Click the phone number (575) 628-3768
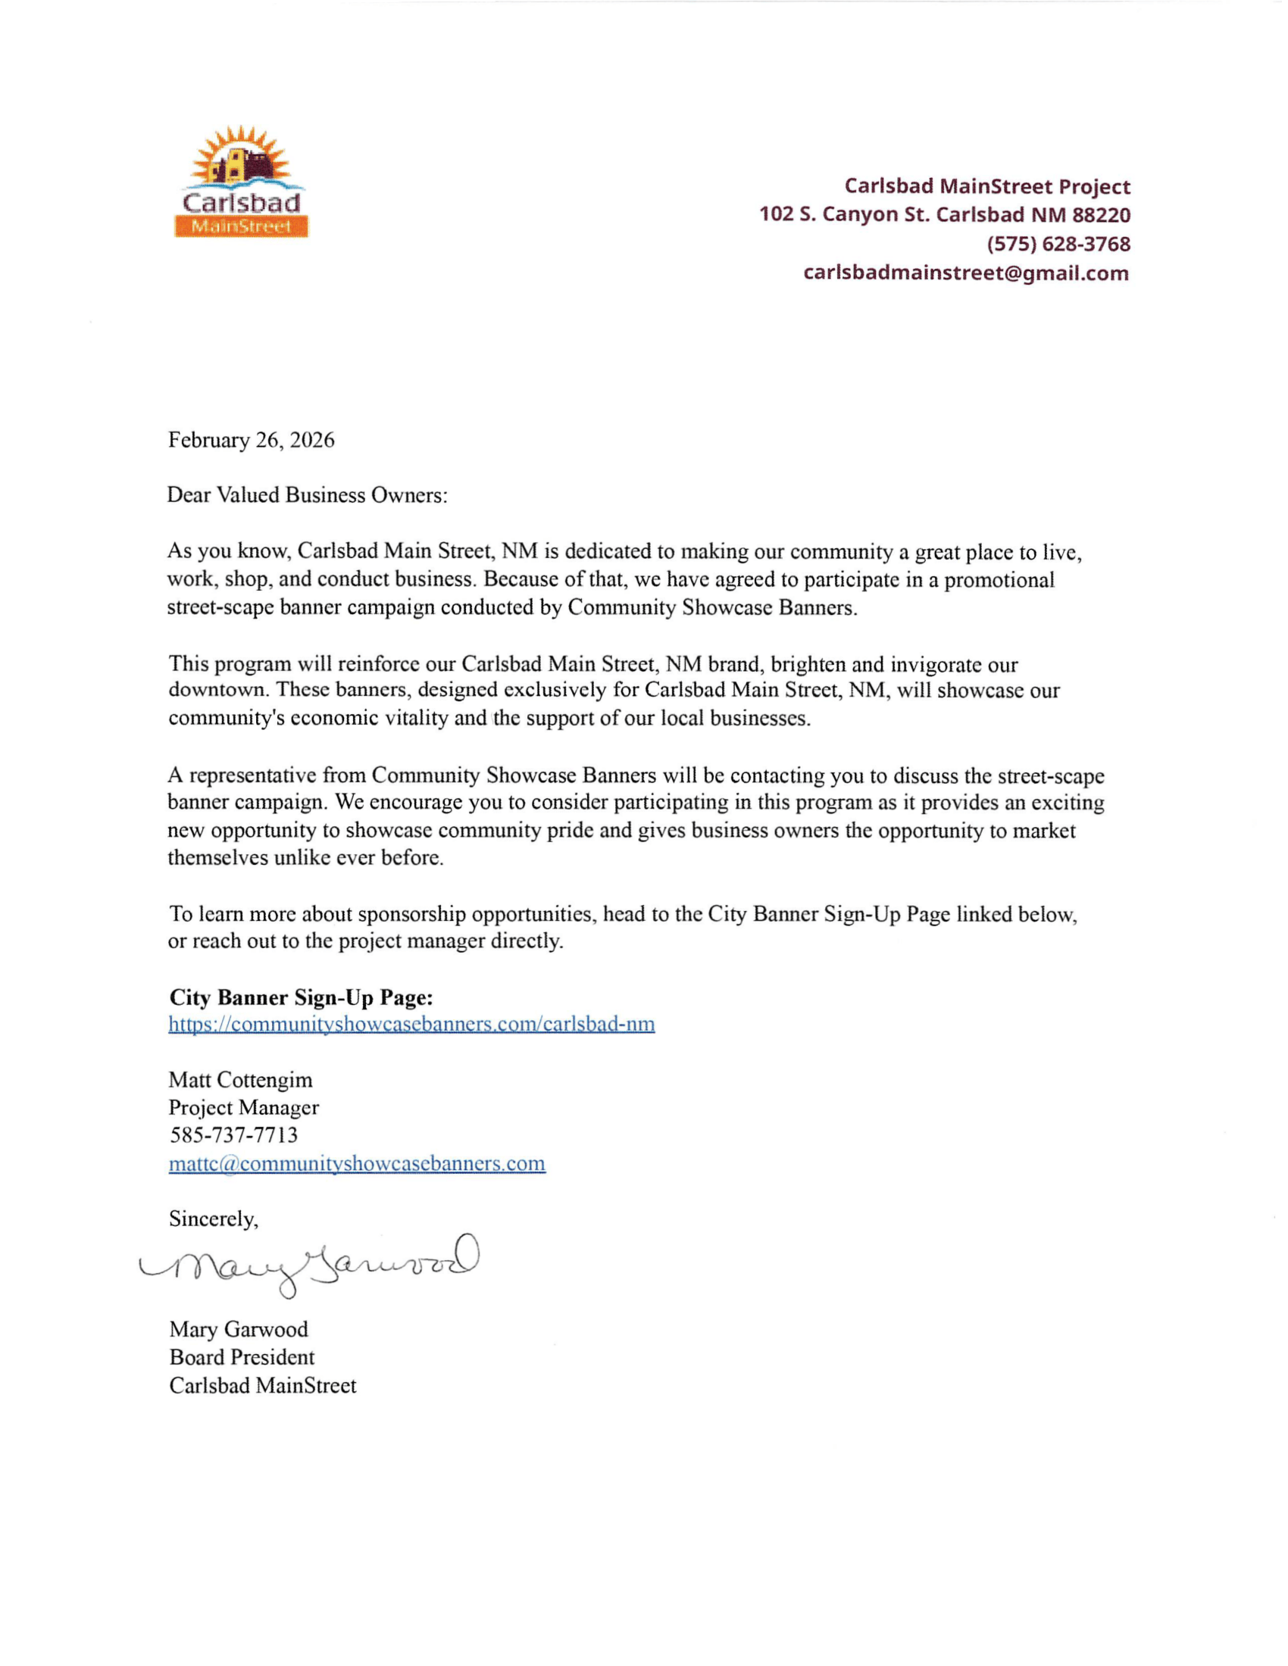click(x=1058, y=244)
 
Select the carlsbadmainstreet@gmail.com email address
click(x=965, y=273)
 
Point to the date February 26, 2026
click(x=251, y=440)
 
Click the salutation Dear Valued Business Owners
click(x=307, y=495)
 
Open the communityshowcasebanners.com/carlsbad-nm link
click(x=411, y=1024)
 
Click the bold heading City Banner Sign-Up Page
click(x=302, y=997)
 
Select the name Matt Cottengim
click(x=240, y=1079)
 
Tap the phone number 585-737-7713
click(x=233, y=1135)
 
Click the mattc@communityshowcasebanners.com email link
click(x=357, y=1163)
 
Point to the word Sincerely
click(x=214, y=1219)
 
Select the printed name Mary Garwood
click(x=239, y=1329)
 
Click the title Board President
click(x=242, y=1357)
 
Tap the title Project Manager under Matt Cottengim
click(x=243, y=1107)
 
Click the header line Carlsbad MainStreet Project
click(x=986, y=186)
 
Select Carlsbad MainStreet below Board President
click(x=262, y=1385)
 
